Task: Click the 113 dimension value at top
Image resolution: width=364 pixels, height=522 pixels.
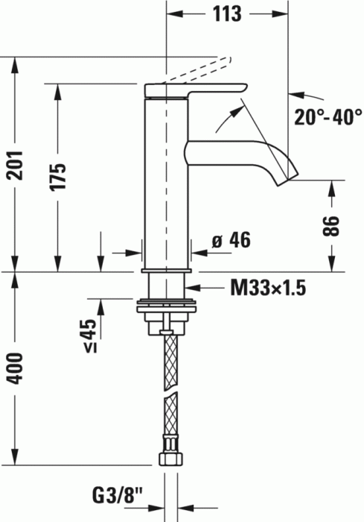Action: (x=226, y=13)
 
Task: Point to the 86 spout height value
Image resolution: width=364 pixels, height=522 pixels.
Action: (x=332, y=226)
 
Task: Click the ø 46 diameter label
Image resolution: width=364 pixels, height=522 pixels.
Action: (x=231, y=240)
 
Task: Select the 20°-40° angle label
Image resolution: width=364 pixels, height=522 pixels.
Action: (x=326, y=117)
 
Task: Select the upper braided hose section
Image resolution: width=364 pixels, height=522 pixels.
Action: (x=170, y=362)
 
